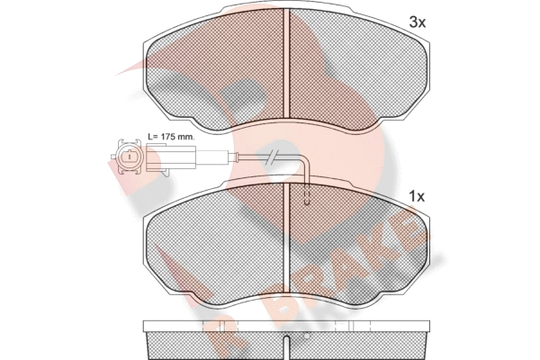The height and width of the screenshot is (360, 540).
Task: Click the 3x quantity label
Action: click(x=418, y=22)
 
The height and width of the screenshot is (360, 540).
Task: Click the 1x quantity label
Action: click(x=417, y=197)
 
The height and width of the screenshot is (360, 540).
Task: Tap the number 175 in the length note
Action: click(x=167, y=137)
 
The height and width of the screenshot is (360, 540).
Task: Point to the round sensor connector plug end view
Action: click(x=129, y=157)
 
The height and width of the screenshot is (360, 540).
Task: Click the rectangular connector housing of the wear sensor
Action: click(x=171, y=157)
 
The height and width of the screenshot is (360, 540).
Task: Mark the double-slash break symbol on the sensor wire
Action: click(x=271, y=157)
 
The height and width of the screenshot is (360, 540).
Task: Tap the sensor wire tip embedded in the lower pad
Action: click(x=307, y=199)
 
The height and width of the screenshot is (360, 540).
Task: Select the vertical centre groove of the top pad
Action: click(x=286, y=63)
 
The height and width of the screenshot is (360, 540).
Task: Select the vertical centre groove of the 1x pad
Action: click(x=286, y=238)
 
